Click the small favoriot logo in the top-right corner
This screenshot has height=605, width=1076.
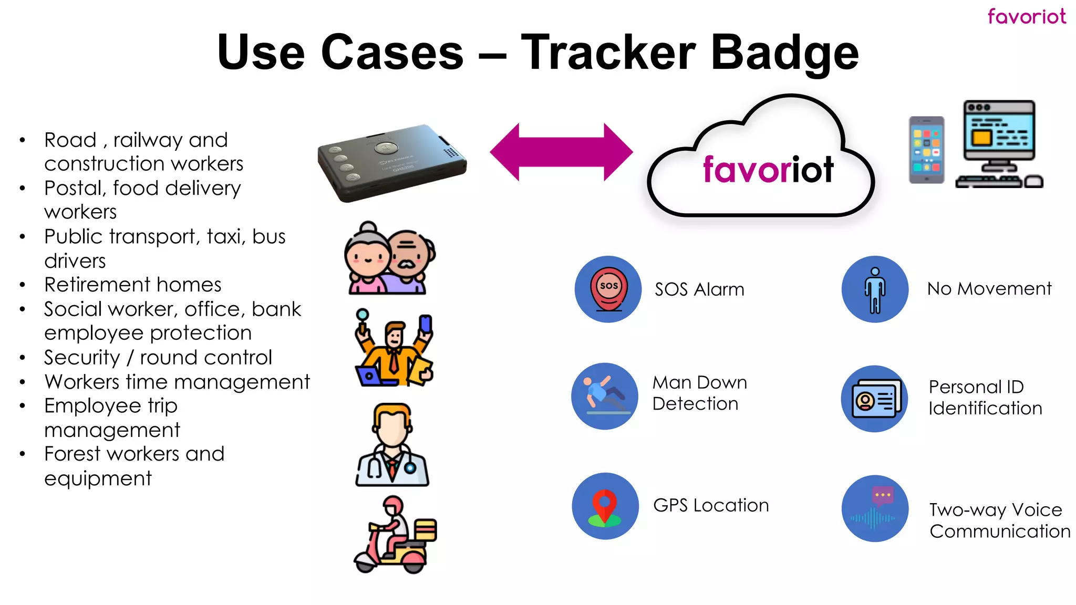pos(1026,16)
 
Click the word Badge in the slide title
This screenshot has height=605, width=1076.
pos(784,53)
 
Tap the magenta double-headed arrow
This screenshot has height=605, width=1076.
pos(561,152)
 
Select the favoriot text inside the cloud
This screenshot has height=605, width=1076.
pos(768,170)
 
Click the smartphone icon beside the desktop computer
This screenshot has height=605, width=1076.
pos(926,150)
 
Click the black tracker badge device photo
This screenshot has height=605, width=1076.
pos(391,163)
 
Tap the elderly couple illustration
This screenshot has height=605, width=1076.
pos(389,258)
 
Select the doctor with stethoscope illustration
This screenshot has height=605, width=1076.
pos(392,445)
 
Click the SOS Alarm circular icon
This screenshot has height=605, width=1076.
pos(608,289)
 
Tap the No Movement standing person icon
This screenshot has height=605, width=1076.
pos(875,289)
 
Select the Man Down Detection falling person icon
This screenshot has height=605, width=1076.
pos(605,396)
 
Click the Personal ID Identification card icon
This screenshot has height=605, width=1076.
pos(875,399)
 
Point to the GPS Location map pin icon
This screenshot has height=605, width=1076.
pos(605,506)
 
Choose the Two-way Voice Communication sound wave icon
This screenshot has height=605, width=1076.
pos(875,508)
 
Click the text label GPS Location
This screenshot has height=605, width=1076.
pos(711,505)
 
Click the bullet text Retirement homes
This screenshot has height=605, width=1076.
pos(132,285)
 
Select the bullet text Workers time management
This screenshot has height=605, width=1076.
pos(177,382)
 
